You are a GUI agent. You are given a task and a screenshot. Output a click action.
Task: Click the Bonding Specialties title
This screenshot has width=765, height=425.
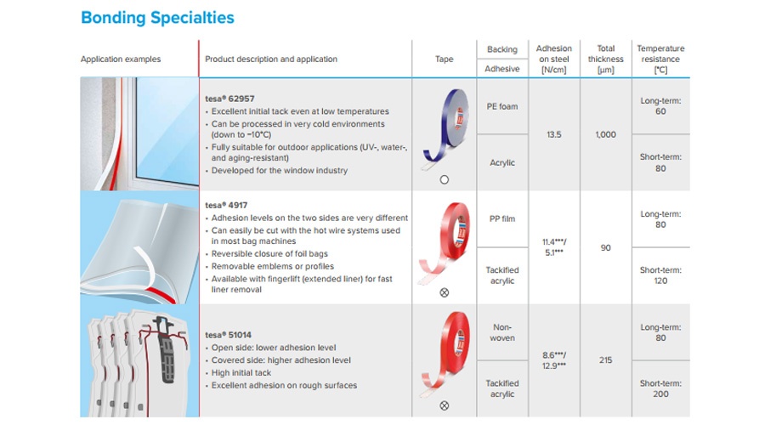(x=157, y=18)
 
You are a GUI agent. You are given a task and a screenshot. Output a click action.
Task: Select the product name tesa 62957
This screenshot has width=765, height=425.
(x=229, y=99)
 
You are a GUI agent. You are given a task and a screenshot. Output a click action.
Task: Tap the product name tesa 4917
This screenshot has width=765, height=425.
(x=226, y=206)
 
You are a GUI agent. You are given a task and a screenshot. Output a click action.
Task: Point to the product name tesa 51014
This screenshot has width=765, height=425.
(x=229, y=335)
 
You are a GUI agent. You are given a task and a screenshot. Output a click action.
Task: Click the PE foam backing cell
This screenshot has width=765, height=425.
(x=502, y=106)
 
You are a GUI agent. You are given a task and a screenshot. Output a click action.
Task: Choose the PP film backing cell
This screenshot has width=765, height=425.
(x=502, y=219)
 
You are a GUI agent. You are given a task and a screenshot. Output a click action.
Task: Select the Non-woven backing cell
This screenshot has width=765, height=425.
(x=502, y=332)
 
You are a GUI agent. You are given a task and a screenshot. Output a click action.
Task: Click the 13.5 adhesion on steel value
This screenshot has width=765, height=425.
(x=553, y=134)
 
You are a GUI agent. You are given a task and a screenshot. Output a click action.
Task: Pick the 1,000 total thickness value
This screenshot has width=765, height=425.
(x=605, y=134)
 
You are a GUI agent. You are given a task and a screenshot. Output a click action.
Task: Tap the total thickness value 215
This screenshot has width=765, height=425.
(x=605, y=360)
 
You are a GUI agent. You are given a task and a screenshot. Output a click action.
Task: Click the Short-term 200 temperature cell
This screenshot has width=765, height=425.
(x=660, y=388)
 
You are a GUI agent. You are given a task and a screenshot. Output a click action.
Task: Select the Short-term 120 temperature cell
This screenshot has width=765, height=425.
(x=660, y=275)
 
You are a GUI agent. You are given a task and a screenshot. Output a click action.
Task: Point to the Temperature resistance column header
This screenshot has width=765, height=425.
(x=660, y=59)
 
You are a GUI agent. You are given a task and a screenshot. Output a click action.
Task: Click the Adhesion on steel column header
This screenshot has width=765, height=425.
(x=553, y=59)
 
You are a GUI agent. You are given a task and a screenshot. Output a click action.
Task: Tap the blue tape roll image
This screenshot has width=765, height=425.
(x=445, y=128)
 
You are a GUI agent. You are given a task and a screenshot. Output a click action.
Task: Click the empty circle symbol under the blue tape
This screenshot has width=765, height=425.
(x=444, y=179)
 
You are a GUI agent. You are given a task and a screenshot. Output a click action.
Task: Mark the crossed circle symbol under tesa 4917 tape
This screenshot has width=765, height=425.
(x=444, y=292)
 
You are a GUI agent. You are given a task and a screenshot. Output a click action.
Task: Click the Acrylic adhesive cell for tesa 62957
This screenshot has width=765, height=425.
(x=502, y=163)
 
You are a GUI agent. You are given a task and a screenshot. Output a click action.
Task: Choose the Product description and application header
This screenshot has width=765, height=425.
(x=271, y=59)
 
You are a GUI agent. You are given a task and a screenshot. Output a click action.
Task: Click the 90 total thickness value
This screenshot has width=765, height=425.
(x=605, y=248)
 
